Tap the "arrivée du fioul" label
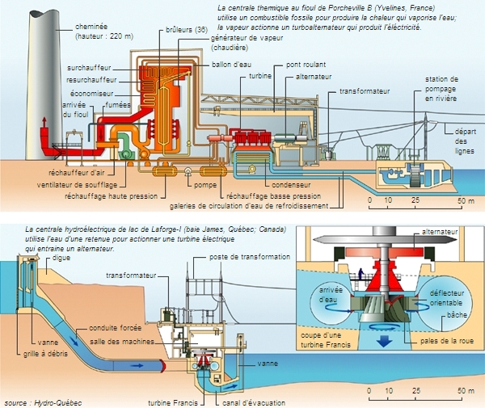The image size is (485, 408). coord(75,110)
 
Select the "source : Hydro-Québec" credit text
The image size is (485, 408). coord(41,402)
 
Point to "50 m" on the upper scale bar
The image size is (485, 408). coord(467,199)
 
